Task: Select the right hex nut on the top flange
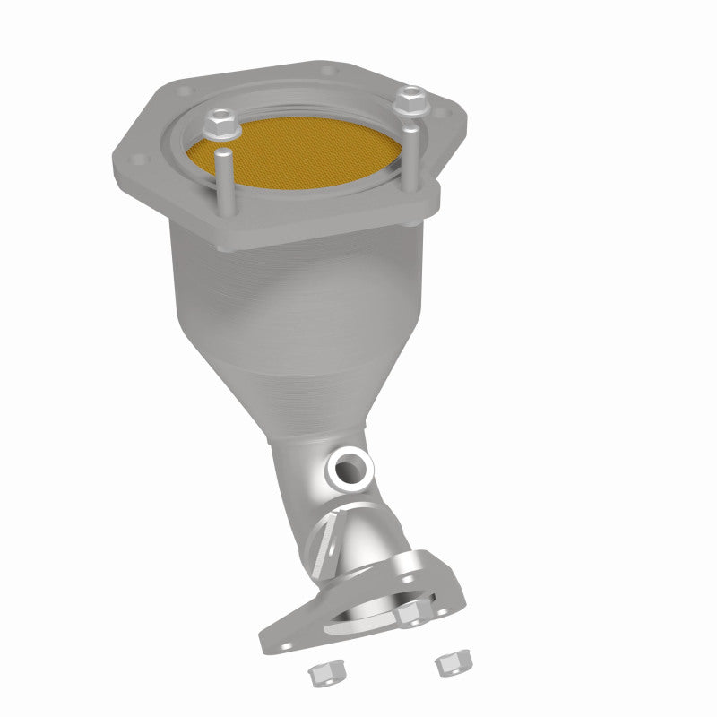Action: [x=412, y=97]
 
